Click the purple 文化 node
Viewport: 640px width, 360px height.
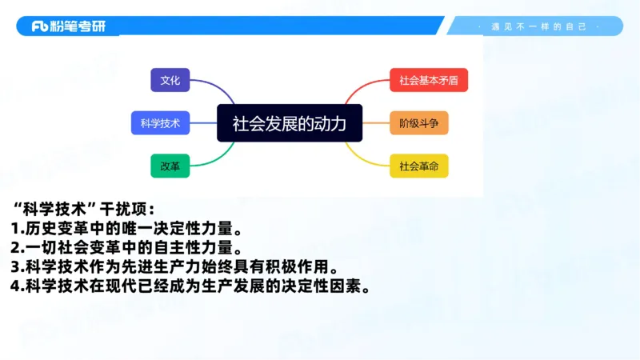point(170,80)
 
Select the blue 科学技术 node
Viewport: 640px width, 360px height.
point(159,123)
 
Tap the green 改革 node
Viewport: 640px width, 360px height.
point(170,166)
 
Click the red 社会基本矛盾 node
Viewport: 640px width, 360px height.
point(428,80)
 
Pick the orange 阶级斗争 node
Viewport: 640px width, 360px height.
point(418,123)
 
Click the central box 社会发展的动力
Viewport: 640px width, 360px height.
point(289,123)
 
